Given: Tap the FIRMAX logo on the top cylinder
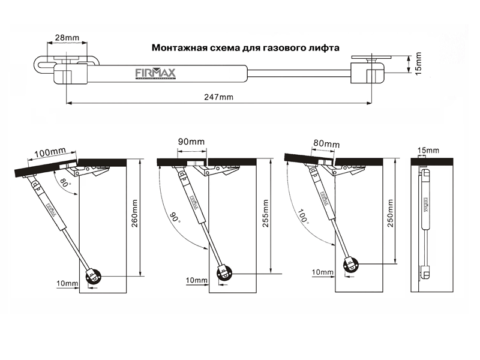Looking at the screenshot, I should pos(155,73).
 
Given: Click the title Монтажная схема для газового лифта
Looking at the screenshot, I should pos(245,47).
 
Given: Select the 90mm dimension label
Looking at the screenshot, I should pos(191,142).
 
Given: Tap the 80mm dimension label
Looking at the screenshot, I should pos(326,145).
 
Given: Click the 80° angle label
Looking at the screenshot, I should pos(64,182).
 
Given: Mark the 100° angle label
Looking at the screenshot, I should pos(304,215).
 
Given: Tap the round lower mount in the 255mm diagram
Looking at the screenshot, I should pos(223,272).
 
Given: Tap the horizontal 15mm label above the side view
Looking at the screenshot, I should pos(430,149).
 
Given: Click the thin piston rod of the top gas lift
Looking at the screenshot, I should pos(298,74).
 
